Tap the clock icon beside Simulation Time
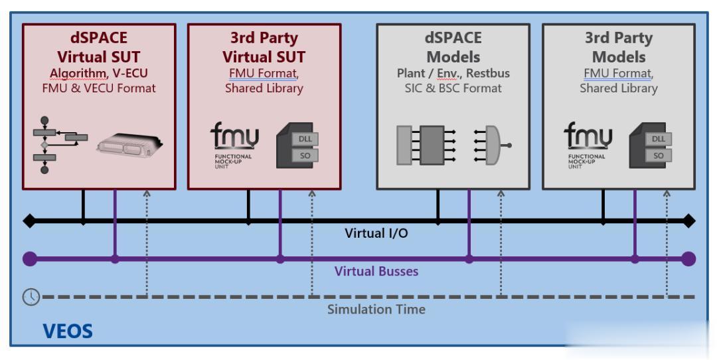click(30, 297)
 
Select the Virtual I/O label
click(375, 234)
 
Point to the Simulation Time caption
click(376, 309)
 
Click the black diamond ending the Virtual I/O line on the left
click(29, 221)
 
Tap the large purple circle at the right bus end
click(688, 259)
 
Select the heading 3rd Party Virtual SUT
click(264, 46)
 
